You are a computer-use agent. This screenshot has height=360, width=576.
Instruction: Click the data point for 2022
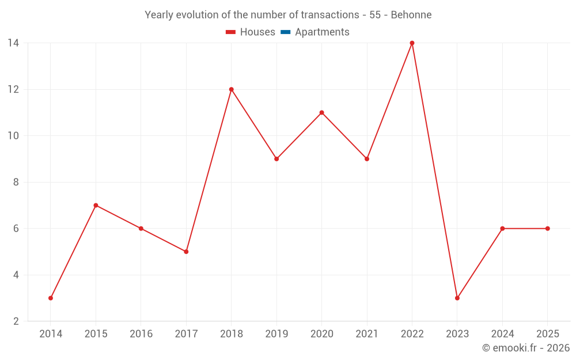(412, 43)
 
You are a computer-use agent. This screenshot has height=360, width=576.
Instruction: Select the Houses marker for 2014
(51, 298)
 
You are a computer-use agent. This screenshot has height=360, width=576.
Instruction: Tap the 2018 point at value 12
(232, 89)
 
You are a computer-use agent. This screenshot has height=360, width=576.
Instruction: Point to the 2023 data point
(457, 298)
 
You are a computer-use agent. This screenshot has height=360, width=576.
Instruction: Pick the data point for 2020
(322, 112)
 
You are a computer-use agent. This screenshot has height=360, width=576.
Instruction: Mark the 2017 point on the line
(186, 252)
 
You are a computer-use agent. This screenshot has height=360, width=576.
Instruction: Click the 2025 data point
(547, 229)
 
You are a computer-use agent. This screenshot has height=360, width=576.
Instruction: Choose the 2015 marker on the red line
(96, 206)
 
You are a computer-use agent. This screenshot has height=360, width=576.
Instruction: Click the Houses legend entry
(250, 32)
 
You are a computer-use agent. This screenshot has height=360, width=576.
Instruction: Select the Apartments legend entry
(315, 32)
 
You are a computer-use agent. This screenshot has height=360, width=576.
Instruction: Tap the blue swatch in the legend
(286, 32)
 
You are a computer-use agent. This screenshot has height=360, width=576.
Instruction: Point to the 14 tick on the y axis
(13, 43)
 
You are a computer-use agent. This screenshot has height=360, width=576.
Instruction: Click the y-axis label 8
(16, 182)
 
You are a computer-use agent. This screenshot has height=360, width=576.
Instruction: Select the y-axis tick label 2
(16, 321)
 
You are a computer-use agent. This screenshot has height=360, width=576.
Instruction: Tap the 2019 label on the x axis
(276, 334)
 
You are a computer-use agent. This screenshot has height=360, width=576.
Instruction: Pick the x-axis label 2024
(502, 334)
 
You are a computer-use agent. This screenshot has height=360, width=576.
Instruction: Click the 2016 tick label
(141, 334)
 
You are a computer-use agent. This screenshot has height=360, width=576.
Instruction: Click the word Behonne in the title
(411, 15)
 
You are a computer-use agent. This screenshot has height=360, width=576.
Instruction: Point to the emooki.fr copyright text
(526, 347)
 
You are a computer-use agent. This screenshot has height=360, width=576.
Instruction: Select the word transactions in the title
(329, 15)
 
